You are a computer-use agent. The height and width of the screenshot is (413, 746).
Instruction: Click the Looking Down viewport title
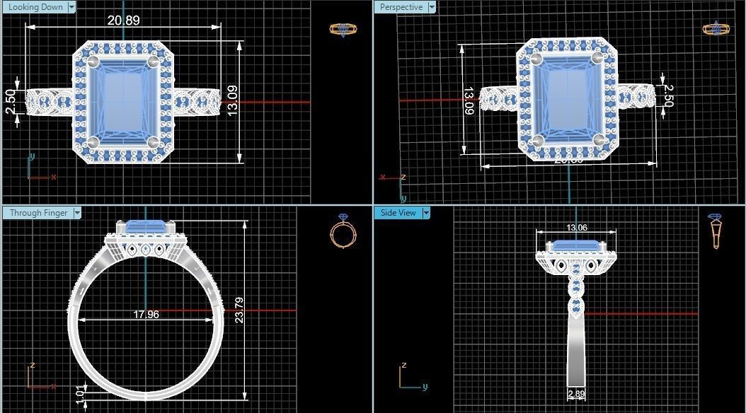pos(35,7)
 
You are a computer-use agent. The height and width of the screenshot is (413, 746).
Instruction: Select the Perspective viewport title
pos(401,7)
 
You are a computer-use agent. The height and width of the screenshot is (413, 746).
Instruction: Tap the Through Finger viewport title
pos(38,212)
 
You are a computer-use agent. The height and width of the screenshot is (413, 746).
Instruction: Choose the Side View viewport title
pos(398,212)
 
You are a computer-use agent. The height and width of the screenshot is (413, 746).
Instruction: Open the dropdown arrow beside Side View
pos(426,212)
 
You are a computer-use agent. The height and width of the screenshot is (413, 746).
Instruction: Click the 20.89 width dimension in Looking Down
pos(123,20)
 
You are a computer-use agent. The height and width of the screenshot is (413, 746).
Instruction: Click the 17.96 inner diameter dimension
pos(146,315)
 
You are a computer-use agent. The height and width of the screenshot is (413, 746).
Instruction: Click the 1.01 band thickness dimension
pos(79,393)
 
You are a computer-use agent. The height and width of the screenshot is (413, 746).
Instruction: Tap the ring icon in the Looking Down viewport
pos(343,30)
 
